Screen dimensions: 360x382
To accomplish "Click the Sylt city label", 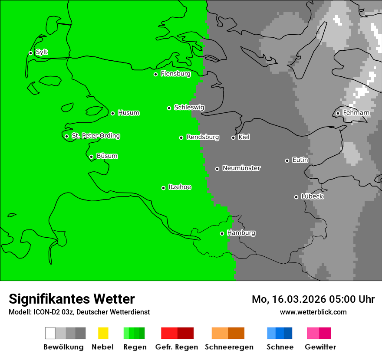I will tap(42, 52).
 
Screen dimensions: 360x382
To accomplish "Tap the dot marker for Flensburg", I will tap(155, 74).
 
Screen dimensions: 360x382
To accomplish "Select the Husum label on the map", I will tap(128, 113).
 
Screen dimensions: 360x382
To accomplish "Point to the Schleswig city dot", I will tap(169, 108).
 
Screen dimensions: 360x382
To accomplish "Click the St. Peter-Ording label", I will tap(95, 136).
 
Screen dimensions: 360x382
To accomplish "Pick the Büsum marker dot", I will tap(91, 157).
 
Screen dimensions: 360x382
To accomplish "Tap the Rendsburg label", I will tap(203, 137).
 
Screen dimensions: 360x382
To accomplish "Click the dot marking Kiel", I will tap(233, 137).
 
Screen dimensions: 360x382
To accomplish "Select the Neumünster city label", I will tap(241, 168).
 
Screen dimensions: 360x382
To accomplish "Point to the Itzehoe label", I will tap(180, 187).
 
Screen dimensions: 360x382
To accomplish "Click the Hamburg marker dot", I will tap(222, 233).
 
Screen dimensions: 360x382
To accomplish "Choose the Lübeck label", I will tap(312, 196).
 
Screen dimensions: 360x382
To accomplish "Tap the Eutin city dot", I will tap(287, 160).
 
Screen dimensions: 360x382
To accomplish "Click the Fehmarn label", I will tap(356, 113).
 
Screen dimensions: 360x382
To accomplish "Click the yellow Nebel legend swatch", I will tap(103, 333).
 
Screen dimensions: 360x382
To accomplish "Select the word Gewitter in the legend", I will tap(320, 347).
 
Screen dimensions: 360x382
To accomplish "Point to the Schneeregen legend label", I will tap(229, 347).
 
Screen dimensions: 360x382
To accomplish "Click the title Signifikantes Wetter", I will tap(72, 299).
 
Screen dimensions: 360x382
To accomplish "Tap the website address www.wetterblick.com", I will tap(313, 312).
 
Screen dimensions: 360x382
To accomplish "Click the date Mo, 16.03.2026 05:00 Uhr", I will tap(313, 299).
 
